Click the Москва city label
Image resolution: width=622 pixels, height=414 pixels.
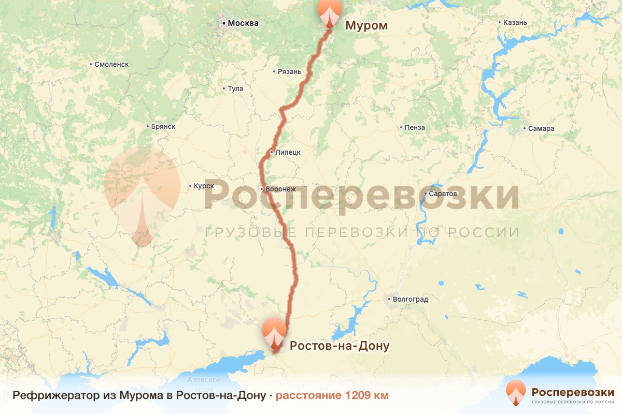click(x=243, y=23)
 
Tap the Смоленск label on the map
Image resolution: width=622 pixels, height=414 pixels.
click(x=111, y=65)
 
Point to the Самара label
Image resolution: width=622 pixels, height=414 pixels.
click(x=542, y=129)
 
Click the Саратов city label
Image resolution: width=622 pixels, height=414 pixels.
click(x=443, y=194)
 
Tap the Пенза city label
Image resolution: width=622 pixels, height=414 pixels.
click(x=415, y=128)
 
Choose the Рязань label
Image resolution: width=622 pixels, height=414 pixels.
click(x=289, y=72)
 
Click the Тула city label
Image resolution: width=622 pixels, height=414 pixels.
click(x=235, y=89)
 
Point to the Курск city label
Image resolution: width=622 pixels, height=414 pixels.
click(x=203, y=186)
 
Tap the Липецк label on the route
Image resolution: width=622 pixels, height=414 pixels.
click(x=288, y=153)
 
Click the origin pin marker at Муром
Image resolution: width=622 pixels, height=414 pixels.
click(x=329, y=12)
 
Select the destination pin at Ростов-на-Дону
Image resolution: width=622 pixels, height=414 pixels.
click(x=274, y=332)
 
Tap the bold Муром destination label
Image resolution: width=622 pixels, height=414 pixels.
click(x=366, y=25)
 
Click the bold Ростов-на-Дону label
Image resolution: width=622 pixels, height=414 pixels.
click(x=339, y=346)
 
